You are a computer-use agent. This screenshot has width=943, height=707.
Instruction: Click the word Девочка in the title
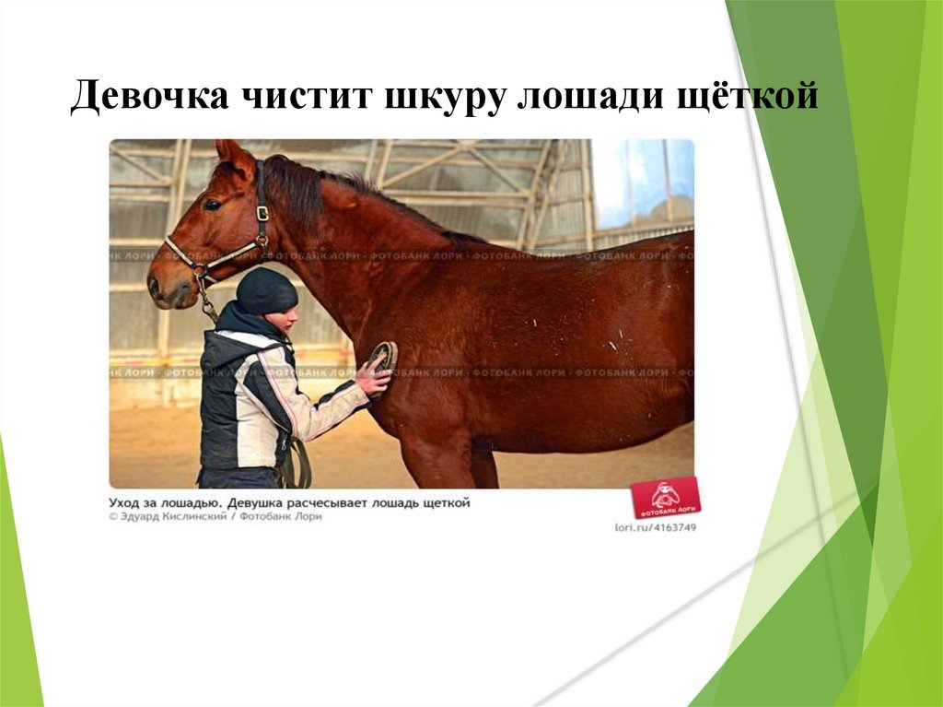point(148,97)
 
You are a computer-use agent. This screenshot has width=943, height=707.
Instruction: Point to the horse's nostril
point(154,283)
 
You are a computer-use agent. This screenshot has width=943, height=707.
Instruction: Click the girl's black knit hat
point(266,290)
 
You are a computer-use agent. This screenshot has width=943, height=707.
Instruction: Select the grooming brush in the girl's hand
point(383,356)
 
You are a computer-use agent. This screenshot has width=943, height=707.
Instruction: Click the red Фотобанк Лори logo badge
point(665,499)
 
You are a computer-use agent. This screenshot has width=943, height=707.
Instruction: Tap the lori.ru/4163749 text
point(655,527)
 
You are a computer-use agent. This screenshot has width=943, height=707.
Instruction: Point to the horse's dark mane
point(304,189)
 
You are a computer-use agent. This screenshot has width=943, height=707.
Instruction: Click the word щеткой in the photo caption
point(441,502)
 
